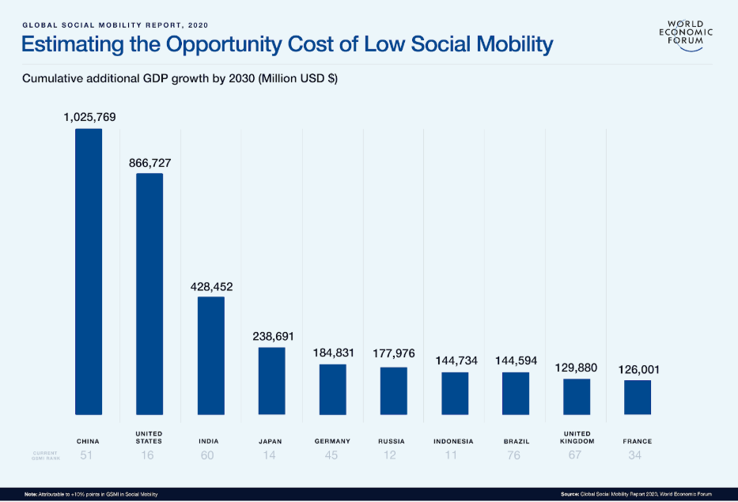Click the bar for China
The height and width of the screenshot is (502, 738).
pos(89,271)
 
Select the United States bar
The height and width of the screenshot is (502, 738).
pos(149,293)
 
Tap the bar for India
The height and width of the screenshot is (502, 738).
pos(210,355)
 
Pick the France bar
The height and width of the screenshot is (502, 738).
pos(638,397)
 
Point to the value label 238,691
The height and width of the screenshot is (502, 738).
pos(273,337)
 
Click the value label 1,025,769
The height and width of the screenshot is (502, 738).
pos(89,117)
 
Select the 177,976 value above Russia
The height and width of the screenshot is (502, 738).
pos(394,353)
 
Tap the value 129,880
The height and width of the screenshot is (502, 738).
pos(577,368)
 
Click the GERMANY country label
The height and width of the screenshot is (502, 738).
pos(332,441)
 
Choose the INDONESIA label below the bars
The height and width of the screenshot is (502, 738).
pos(454,441)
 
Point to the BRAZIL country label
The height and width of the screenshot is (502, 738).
pos(516,441)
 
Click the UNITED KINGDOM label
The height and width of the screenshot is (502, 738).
pos(577,437)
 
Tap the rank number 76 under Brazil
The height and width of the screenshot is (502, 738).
pos(516,455)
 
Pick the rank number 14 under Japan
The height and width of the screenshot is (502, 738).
pos(271,455)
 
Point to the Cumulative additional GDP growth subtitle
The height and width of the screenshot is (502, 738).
pos(180,79)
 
